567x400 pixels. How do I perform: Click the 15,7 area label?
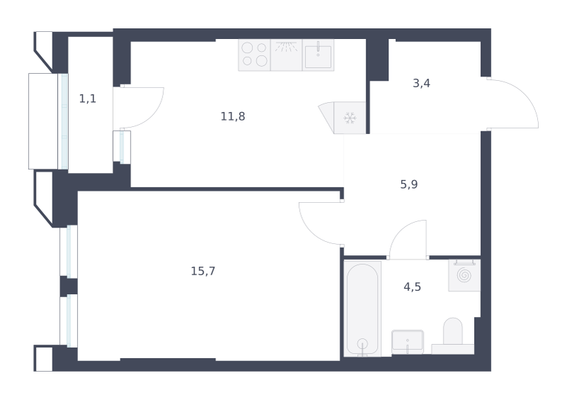tap(203, 271)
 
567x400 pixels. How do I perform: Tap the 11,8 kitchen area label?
tap(233, 116)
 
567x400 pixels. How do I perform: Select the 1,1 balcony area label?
tap(87, 99)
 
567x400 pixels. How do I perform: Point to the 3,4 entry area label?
tap(421, 83)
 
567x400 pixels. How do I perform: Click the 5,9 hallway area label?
tap(409, 184)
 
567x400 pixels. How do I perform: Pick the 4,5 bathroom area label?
tap(412, 287)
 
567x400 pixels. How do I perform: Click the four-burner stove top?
tap(254, 55)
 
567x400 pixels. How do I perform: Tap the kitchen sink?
tap(318, 55)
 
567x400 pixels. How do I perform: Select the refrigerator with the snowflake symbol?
tap(349, 118)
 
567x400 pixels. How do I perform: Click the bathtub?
tap(362, 309)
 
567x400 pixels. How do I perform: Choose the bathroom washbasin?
tap(408, 342)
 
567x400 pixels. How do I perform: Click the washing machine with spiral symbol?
tap(464, 275)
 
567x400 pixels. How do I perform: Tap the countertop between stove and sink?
tap(286, 55)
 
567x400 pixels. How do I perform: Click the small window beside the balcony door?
tap(122, 147)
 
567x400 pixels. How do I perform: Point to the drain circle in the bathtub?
tap(362, 343)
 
